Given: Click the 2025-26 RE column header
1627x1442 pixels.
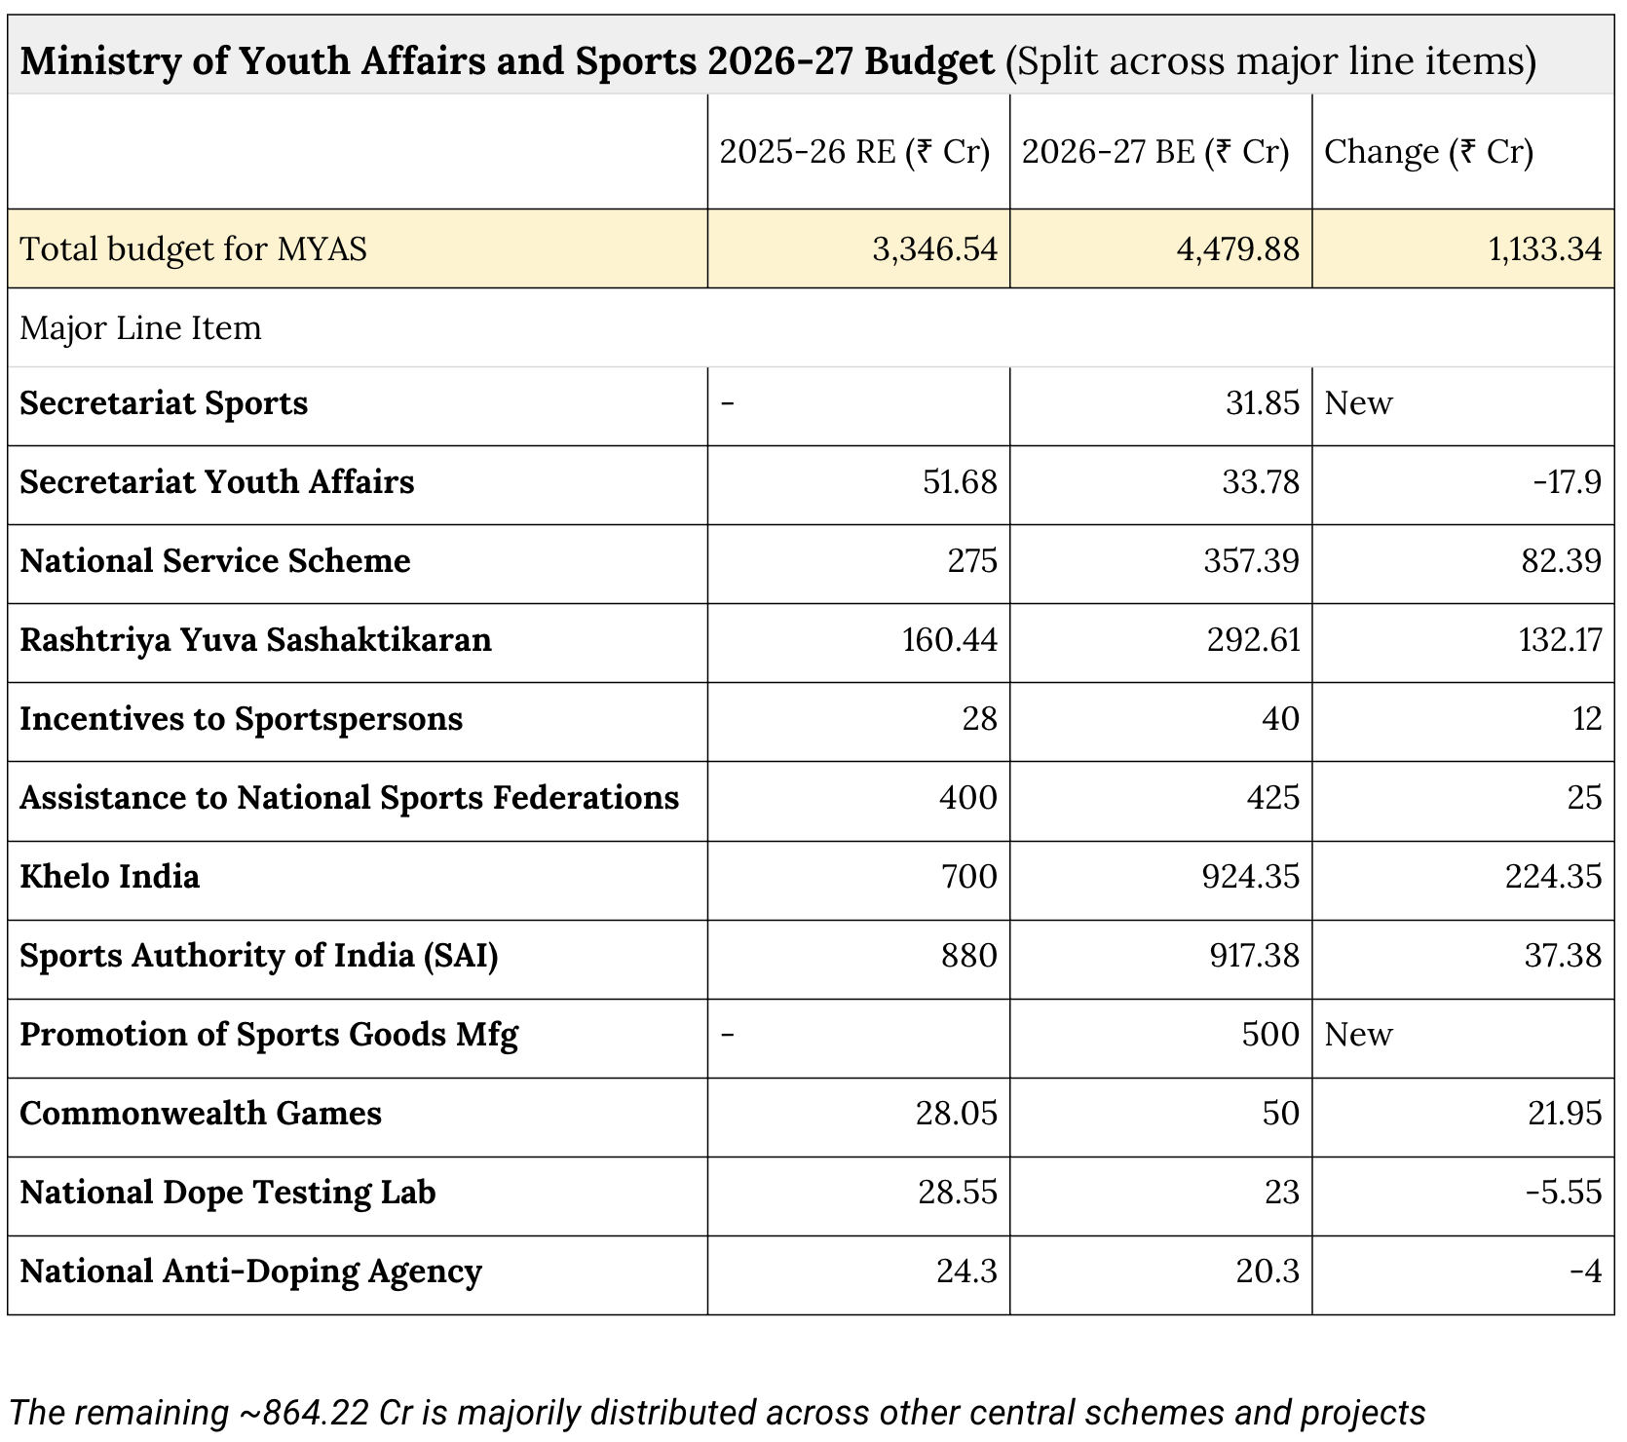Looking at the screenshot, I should pyautogui.click(x=854, y=152).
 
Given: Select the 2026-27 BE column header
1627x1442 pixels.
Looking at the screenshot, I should pyautogui.click(x=1155, y=152).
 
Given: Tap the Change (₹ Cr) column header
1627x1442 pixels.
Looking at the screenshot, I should pyautogui.click(x=1428, y=152).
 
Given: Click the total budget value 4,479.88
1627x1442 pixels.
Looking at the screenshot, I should pyautogui.click(x=1237, y=249).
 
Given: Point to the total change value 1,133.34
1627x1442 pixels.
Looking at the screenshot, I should pyautogui.click(x=1544, y=249).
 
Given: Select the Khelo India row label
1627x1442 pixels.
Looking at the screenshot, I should pyautogui.click(x=110, y=877).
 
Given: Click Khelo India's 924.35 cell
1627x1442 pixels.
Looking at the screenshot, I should pyautogui.click(x=1251, y=877).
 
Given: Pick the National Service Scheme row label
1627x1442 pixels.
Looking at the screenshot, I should pyautogui.click(x=215, y=561).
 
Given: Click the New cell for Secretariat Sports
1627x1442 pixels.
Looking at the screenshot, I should pyautogui.click(x=1358, y=403).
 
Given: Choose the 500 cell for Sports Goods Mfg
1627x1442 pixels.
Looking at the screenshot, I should pyautogui.click(x=1270, y=1035).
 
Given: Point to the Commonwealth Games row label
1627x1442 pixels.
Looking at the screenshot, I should pyautogui.click(x=201, y=1114).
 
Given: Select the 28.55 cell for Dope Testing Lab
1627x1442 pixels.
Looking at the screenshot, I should pyautogui.click(x=958, y=1193).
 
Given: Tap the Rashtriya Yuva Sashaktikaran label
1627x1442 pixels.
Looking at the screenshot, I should pyautogui.click(x=255, y=640).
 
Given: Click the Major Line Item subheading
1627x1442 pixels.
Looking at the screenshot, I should pyautogui.click(x=141, y=328).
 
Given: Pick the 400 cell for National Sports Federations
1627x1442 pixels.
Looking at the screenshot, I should pyautogui.click(x=967, y=798).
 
